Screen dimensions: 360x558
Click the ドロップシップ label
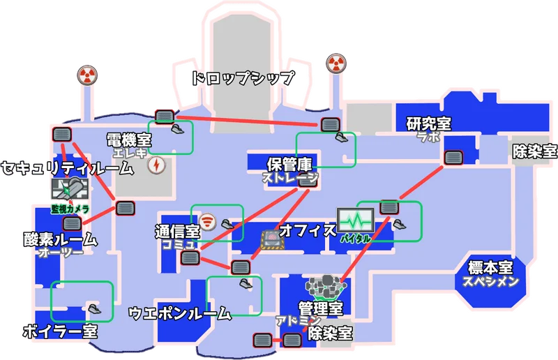click(243, 78)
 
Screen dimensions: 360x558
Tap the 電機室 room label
click(129, 140)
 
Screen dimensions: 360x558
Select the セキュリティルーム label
click(67, 168)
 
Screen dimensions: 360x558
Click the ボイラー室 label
click(59, 331)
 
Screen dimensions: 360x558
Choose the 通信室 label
click(177, 231)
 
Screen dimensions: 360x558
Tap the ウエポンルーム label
click(180, 314)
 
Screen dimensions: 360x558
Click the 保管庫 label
click(289, 165)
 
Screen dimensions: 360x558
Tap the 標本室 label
click(490, 268)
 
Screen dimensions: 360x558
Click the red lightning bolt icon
click(157, 165)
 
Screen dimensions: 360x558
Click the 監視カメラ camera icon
click(70, 188)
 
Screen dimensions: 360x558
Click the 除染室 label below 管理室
click(330, 333)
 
